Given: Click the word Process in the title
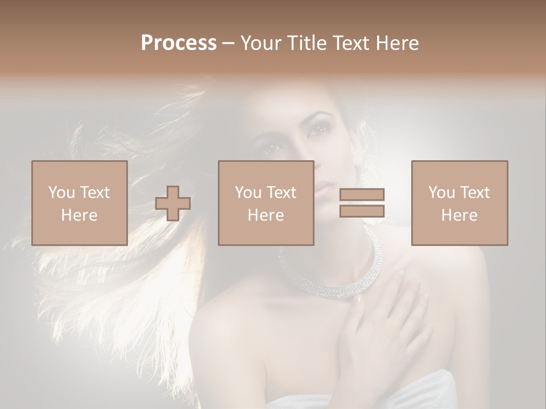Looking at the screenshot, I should tap(179, 43).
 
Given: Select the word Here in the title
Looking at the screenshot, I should tap(398, 43).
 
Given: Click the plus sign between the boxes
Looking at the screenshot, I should tap(173, 203).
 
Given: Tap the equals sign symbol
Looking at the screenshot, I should tap(362, 203).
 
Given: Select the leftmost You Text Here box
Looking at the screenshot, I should tap(80, 203).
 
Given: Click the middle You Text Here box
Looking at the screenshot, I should tap(266, 203).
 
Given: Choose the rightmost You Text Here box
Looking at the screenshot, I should tap(460, 203).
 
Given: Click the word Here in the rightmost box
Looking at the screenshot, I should tap(460, 215).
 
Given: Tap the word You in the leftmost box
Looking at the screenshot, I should tap(61, 193).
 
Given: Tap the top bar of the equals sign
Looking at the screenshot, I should tap(362, 195).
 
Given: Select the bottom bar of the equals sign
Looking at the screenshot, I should tap(362, 211).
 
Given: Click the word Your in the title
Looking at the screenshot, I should tap(260, 43).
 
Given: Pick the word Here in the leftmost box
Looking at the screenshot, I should tap(80, 215).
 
